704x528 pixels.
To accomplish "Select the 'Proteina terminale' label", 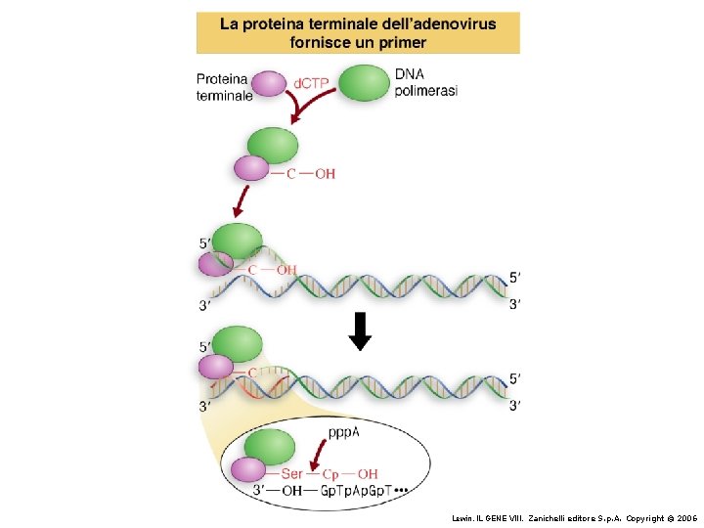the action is (224, 87).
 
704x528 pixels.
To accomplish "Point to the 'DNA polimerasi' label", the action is (425, 82).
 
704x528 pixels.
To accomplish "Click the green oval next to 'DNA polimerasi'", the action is (363, 82).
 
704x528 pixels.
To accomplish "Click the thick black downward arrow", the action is (360, 330).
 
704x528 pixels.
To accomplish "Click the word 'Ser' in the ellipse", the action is (291, 474).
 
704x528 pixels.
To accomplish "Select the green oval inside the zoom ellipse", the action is (269, 448).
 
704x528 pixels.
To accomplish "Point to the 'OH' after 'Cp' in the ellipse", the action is (368, 474).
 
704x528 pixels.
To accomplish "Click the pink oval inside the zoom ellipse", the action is (248, 470).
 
